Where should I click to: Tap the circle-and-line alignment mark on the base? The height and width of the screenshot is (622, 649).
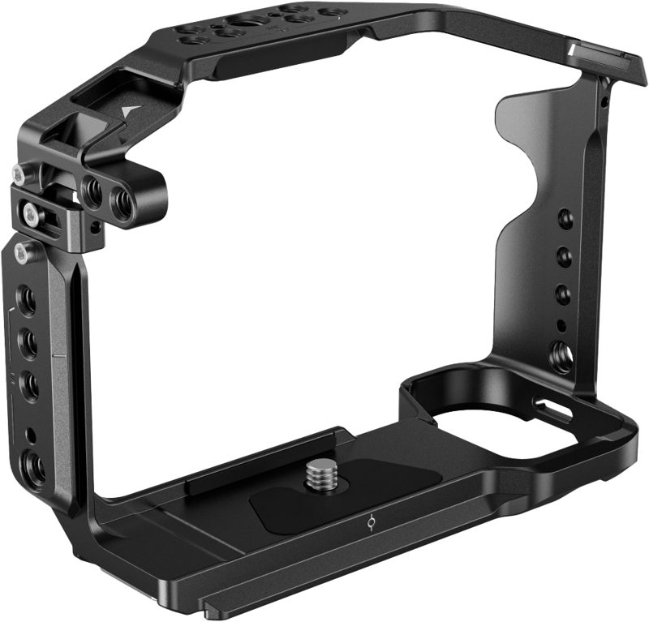[371, 524]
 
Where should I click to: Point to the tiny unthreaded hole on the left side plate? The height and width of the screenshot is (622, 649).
[31, 435]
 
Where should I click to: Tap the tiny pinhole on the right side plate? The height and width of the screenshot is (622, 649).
[561, 325]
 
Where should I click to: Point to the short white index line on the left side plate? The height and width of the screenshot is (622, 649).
[58, 355]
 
